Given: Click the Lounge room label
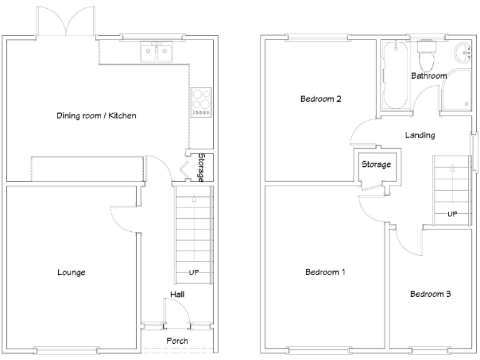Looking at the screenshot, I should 71,272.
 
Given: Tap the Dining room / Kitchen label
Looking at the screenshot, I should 96,116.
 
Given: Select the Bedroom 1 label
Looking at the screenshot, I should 325,272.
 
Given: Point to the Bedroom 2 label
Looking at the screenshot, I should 320,99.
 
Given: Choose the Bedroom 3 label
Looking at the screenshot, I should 431,294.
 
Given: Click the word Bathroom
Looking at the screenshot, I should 429,76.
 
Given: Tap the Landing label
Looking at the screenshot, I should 419,135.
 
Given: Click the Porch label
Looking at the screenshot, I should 177,341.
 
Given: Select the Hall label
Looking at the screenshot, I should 177,294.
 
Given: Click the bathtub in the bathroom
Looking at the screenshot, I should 394,75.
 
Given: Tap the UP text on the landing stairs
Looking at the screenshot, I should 451,214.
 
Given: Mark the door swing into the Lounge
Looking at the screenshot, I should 124,219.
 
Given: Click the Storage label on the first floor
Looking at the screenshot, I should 376,164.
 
